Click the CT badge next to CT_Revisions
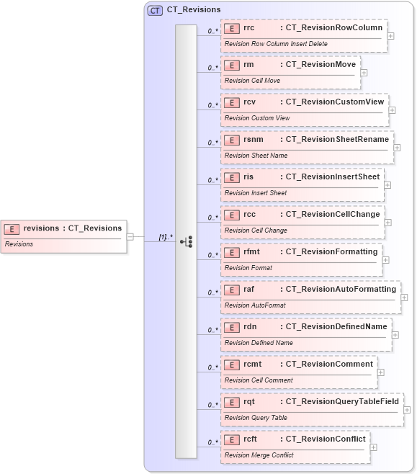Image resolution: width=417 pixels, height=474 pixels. (155, 10)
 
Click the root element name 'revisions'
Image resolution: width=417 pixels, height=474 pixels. (41, 228)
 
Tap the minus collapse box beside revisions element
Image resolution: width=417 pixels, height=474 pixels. (130, 236)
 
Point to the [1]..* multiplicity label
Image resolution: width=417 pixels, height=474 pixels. (166, 236)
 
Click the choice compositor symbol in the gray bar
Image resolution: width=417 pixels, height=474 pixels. (186, 241)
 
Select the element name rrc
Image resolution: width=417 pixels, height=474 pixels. (249, 28)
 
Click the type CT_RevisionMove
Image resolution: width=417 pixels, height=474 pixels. (320, 66)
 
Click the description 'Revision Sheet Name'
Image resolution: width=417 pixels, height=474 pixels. (256, 156)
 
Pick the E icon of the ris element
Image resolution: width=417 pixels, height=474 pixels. (232, 176)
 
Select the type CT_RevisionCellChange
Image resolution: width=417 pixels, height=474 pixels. (333, 214)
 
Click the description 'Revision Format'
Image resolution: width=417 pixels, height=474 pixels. (248, 268)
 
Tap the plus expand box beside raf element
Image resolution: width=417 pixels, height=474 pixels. (404, 297)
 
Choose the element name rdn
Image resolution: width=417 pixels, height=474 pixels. (250, 326)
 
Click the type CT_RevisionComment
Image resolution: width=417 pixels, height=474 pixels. (329, 364)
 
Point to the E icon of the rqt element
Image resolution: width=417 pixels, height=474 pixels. (232, 401)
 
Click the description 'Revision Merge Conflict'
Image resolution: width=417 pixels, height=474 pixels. (259, 455)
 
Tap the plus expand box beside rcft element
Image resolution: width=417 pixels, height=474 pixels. (373, 447)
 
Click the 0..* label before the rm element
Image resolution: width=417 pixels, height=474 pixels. (213, 68)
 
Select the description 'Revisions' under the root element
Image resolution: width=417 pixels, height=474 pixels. (20, 244)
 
